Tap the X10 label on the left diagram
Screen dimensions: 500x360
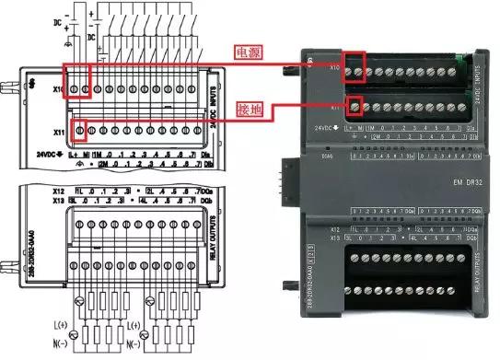coord(59,89)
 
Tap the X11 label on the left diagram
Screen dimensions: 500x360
coord(60,132)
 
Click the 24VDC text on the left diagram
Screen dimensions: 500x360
coord(51,153)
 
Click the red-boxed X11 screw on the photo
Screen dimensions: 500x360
coord(354,104)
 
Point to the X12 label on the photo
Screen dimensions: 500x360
coord(336,226)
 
